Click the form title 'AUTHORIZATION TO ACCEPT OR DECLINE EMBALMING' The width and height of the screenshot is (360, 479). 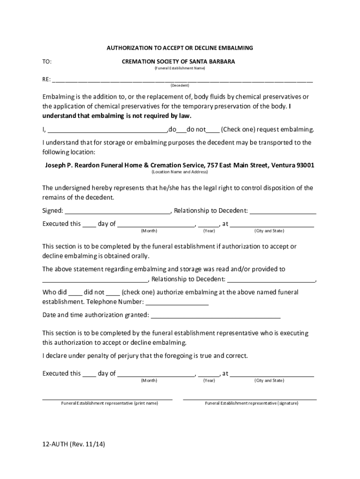180,48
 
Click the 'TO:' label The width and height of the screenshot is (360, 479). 47,61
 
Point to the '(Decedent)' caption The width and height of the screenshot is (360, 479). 180,86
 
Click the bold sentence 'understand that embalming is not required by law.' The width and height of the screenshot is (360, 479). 117,116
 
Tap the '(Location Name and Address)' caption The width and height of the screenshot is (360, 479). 180,172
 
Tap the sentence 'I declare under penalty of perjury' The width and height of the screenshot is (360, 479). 145,356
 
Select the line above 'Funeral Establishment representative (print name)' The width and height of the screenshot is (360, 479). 108,399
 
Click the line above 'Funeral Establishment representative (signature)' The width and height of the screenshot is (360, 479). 250,399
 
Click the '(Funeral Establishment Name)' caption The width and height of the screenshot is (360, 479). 180,68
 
